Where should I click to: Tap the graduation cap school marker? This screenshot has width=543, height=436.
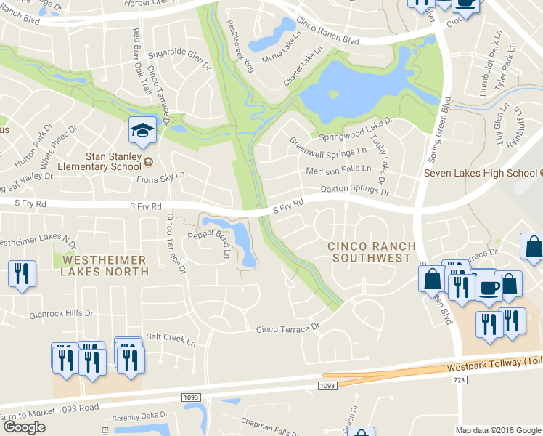[142, 131]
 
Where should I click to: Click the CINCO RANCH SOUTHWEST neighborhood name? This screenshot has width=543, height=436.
[369, 252]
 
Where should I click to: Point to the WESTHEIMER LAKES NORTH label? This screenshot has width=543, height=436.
[105, 265]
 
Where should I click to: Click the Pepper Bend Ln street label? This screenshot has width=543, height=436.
[210, 242]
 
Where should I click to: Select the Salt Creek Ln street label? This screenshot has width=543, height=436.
[171, 339]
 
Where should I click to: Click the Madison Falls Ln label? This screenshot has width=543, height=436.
[338, 170]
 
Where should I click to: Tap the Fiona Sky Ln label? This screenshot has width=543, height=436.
[160, 177]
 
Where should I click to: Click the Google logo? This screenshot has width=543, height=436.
[24, 427]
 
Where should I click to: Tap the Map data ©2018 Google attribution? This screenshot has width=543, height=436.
[497, 430]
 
